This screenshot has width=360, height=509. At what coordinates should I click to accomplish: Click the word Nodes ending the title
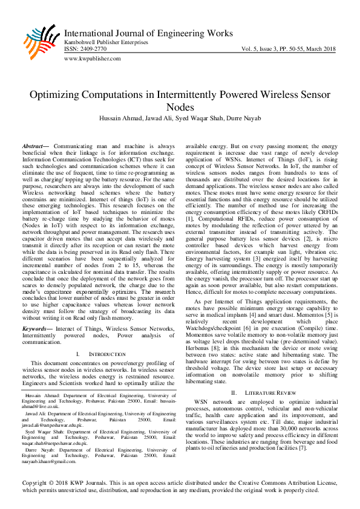pos(180,107)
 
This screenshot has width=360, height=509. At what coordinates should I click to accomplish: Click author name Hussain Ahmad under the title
pos(119,118)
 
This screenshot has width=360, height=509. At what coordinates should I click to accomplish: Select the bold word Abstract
pos(34,147)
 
